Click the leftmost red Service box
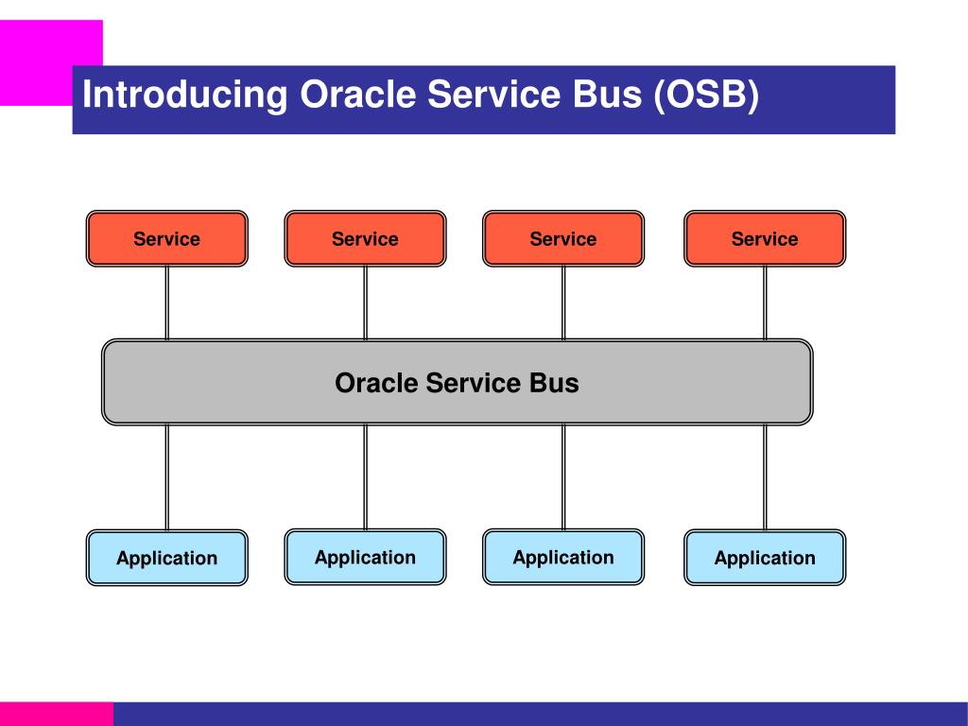(x=166, y=239)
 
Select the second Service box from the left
(x=365, y=239)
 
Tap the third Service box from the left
(x=563, y=239)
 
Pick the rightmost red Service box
(x=765, y=239)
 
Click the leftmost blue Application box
(x=166, y=558)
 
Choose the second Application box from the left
(x=365, y=557)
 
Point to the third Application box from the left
(x=563, y=557)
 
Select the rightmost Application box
(x=765, y=558)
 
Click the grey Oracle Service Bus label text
(x=457, y=383)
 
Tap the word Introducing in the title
(x=185, y=96)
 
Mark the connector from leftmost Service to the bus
(x=167, y=302)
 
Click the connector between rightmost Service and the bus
(x=765, y=302)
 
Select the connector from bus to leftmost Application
(x=167, y=477)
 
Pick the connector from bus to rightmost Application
(x=765, y=477)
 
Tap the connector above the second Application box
(x=365, y=477)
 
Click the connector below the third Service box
(x=563, y=302)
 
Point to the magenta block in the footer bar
(x=57, y=714)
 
